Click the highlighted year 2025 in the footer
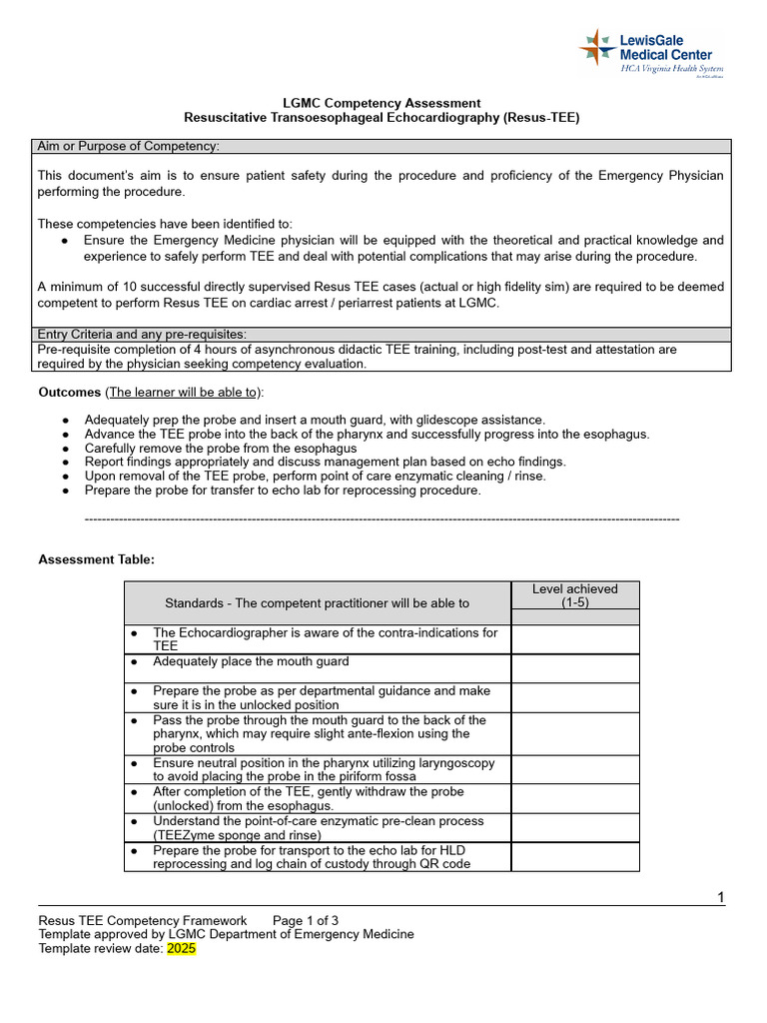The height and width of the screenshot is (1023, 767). pos(181,949)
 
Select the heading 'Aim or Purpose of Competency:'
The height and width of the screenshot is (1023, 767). pos(128,147)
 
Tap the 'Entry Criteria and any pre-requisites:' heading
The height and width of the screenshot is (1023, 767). pos(142,334)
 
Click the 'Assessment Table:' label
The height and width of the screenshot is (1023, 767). pos(96,559)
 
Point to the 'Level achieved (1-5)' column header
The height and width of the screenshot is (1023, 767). pos(574,595)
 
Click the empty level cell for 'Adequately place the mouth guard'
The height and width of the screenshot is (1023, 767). pos(574,668)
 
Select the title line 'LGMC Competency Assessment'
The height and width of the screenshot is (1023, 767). pos(383,103)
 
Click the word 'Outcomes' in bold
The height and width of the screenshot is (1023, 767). pos(69,393)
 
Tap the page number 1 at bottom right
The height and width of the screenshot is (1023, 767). pos(720,897)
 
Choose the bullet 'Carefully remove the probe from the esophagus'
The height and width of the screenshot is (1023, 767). pos(220,448)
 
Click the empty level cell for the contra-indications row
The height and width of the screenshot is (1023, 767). pos(574,639)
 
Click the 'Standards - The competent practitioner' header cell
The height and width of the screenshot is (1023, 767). pos(317,602)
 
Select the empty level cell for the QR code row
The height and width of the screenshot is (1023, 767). pos(574,856)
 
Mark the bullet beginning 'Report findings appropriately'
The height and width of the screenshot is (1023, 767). pos(325,462)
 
